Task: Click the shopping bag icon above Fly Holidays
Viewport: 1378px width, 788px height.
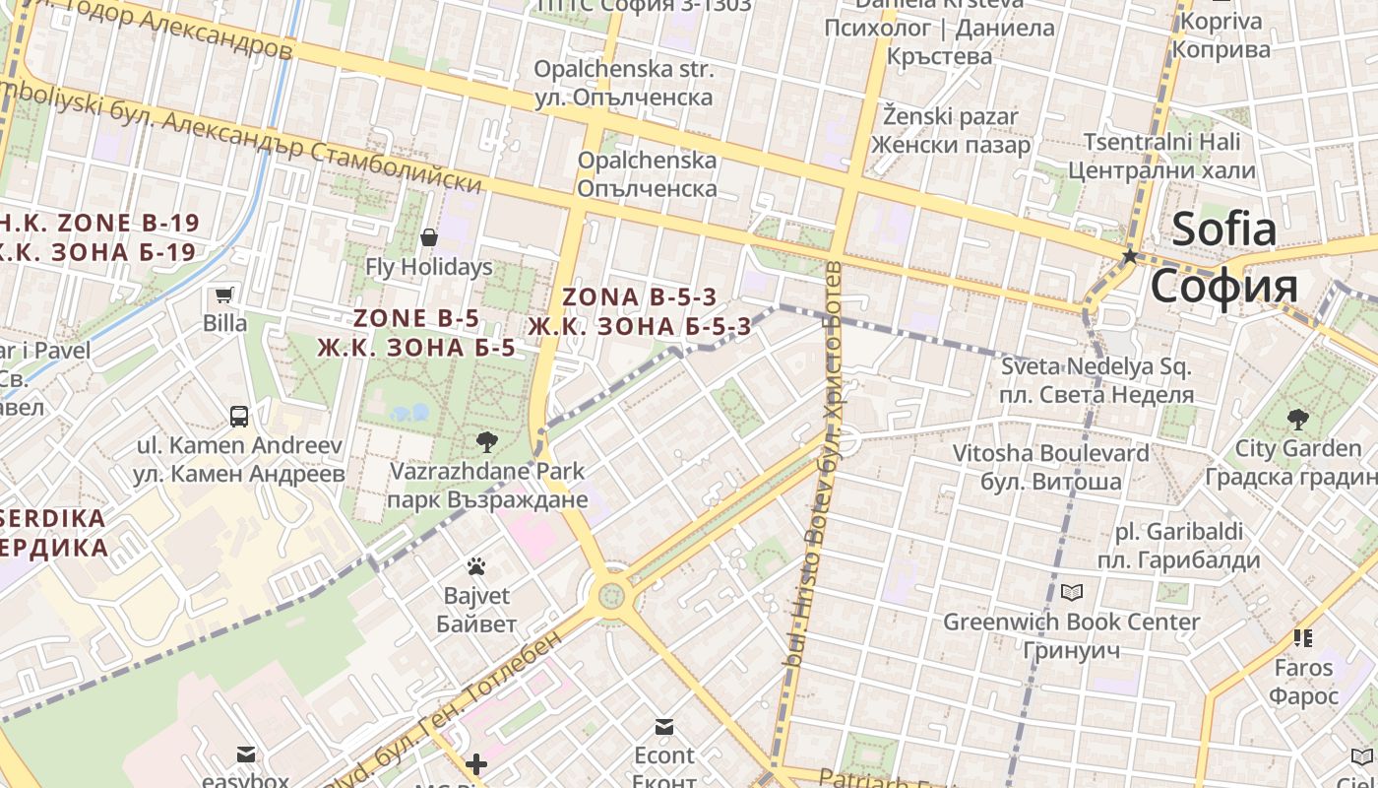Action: click(429, 237)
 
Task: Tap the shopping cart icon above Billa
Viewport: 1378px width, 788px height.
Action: click(224, 294)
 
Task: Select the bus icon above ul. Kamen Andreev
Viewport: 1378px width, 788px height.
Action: click(239, 416)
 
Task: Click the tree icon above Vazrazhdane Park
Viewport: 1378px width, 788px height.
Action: click(486, 441)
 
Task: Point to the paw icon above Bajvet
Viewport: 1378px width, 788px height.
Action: click(476, 566)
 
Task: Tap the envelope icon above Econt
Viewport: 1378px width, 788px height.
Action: click(664, 727)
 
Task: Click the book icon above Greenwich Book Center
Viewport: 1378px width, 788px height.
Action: click(1071, 592)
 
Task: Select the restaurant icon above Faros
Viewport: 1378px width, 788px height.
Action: click(1303, 638)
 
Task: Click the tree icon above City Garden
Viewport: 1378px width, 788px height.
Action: click(1298, 420)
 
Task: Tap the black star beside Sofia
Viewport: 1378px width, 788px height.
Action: click(1130, 256)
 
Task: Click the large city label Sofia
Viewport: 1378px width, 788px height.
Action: click(1223, 257)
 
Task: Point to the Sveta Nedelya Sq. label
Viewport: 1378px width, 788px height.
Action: click(1096, 368)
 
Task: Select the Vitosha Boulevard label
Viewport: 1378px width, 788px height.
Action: click(1050, 454)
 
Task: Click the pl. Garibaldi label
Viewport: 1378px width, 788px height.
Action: click(1178, 532)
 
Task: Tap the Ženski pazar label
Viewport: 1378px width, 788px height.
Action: click(950, 116)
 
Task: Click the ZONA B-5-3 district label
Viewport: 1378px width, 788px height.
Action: click(639, 296)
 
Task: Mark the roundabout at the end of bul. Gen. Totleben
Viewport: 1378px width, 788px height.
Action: click(611, 594)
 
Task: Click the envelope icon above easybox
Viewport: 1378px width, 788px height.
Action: click(245, 755)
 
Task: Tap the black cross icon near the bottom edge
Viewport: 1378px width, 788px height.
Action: click(476, 764)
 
